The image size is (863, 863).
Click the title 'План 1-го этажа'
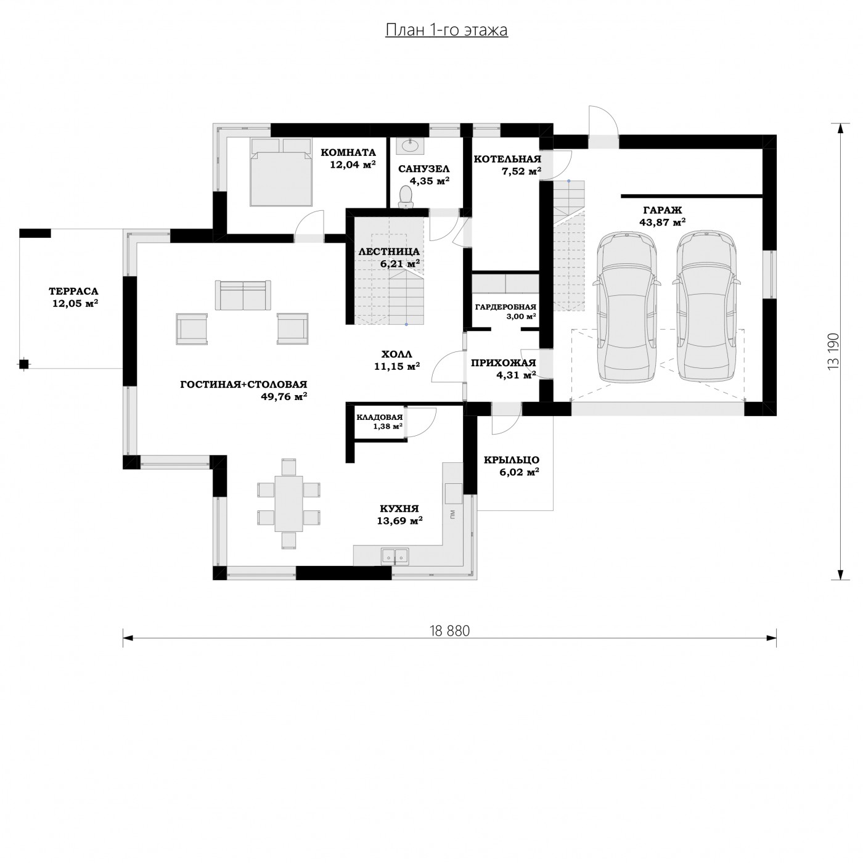pyautogui.click(x=446, y=30)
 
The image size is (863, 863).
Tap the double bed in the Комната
pyautogui.click(x=281, y=172)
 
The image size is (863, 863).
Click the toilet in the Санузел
pyautogui.click(x=406, y=197)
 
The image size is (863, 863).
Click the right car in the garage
pyautogui.click(x=706, y=307)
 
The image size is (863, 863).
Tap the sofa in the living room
pyautogui.click(x=243, y=295)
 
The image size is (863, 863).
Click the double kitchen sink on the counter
pyautogui.click(x=395, y=555)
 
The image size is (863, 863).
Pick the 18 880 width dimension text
pyautogui.click(x=449, y=631)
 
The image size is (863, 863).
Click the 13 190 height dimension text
pyautogui.click(x=833, y=351)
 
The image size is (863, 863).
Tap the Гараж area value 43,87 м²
pyautogui.click(x=663, y=222)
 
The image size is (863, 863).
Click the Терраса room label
pyautogui.click(x=73, y=292)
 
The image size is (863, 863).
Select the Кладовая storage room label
pyautogui.click(x=379, y=417)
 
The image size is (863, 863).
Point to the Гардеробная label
pyautogui.click(x=505, y=307)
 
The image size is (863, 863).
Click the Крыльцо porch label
pyautogui.click(x=512, y=460)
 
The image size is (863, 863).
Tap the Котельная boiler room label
pyautogui.click(x=507, y=159)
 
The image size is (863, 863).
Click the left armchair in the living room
pyautogui.click(x=192, y=329)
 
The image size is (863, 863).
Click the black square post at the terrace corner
pyautogui.click(x=24, y=364)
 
